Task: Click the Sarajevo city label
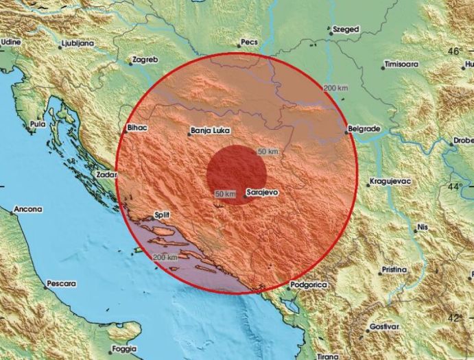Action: (261, 193)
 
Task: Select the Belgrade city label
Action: (364, 129)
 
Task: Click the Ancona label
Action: (27, 209)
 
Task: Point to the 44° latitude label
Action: (455, 186)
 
